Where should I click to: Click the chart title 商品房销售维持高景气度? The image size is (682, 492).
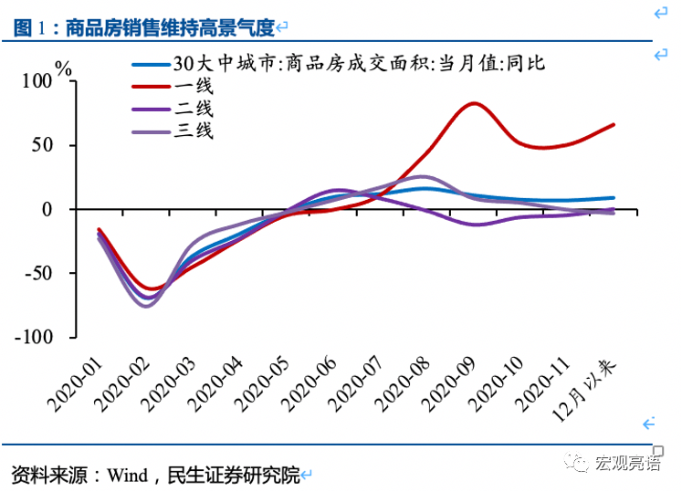pos(169,28)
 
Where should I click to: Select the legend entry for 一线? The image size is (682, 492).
pos(194,87)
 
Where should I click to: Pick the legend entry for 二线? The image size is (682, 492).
pos(194,109)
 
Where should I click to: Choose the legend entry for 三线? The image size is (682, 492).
pos(194,131)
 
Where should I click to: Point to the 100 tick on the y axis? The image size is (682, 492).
pos(38,81)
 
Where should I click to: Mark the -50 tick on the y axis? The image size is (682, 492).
pos(38,273)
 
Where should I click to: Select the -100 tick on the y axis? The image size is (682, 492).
pos(34,337)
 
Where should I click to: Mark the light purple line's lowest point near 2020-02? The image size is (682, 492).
pos(146,306)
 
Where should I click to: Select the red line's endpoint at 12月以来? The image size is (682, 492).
pos(614,124)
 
